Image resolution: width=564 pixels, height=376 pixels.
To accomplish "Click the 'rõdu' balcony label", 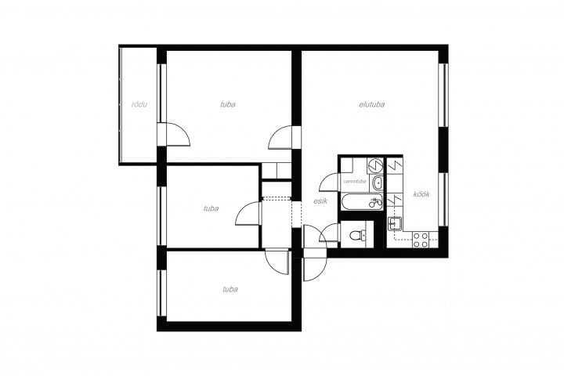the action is coord(139,105).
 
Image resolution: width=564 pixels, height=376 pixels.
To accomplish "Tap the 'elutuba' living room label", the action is coord(372,104).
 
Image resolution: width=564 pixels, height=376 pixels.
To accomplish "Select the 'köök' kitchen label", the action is coord(421,194).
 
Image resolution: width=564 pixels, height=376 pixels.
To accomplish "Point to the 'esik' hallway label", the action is coord(320,201).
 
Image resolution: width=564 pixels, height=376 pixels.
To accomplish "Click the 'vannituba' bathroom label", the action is coord(355,182).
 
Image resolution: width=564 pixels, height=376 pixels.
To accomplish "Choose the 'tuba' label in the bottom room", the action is coord(230,289).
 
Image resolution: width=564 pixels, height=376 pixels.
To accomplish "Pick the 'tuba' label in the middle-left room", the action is coord(211,208).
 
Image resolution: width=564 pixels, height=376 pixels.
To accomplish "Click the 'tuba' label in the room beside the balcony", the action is coord(228,104).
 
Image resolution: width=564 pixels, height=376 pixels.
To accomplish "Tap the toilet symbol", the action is coord(357,236).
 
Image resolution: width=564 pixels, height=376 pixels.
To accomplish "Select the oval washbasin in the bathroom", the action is coord(378,183).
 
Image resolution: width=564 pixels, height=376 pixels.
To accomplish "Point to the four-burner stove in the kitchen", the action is coord(421,240).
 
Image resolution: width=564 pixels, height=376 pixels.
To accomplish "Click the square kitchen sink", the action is coord(395,223).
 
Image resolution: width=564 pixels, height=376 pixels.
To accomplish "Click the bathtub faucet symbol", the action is coord(375,203).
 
